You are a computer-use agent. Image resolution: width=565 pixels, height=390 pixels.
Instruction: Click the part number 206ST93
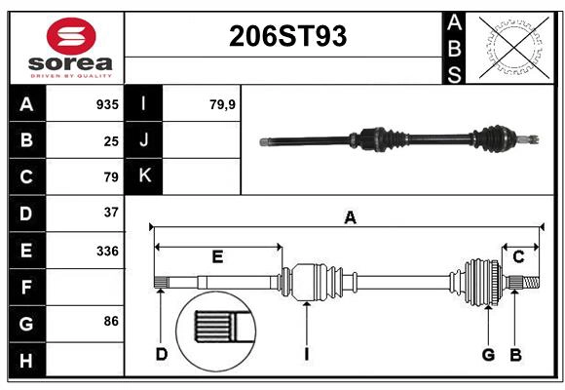pos(286,36)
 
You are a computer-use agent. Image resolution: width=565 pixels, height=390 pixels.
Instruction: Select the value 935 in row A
pos(107,104)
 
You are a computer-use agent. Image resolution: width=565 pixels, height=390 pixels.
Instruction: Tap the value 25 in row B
pos(111,141)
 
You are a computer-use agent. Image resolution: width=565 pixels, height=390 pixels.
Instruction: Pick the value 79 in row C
pos(111,177)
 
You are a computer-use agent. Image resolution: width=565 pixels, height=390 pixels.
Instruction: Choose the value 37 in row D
pos(111,213)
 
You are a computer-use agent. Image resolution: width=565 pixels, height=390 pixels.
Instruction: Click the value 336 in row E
pos(107,251)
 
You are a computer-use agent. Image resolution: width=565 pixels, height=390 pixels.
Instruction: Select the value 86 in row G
pos(111,321)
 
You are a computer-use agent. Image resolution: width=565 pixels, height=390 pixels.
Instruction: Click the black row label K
pos(144,176)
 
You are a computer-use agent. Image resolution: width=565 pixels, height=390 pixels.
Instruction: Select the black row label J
pos(144,140)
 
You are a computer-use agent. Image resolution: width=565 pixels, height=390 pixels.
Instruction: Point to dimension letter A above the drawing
pos(349,217)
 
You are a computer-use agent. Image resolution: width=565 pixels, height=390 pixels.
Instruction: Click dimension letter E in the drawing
pos(217,257)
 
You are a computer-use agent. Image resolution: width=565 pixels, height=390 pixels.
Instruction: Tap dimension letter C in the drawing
pos(518,256)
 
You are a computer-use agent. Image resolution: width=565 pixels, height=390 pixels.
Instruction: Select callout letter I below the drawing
pos(306,354)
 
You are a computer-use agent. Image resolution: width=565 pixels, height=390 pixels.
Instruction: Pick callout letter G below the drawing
pos(488,354)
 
